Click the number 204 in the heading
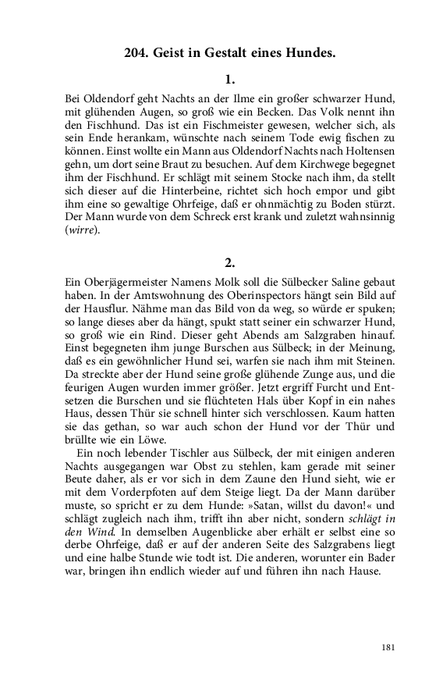point(138,54)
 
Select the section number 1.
point(229,79)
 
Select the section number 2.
point(229,262)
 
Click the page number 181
point(389,646)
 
